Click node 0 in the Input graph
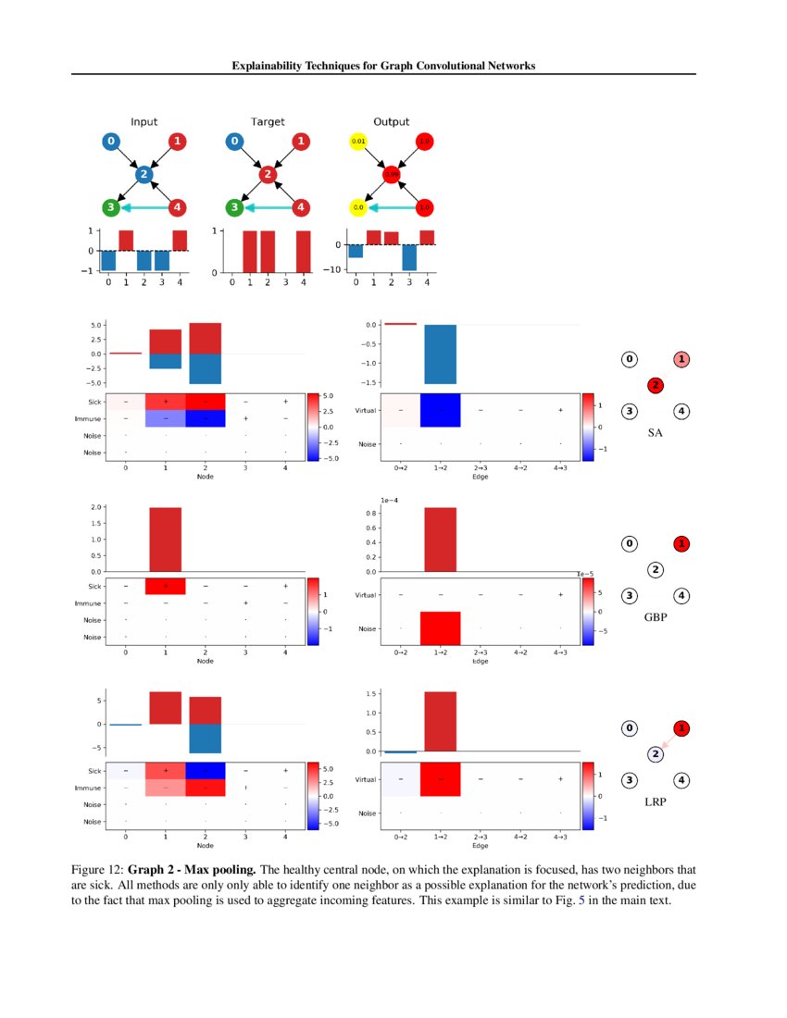coord(111,142)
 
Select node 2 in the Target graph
coord(268,174)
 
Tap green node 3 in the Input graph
coord(111,207)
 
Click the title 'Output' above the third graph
coord(391,121)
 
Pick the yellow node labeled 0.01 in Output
coord(358,142)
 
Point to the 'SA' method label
coord(656,432)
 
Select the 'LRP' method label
coord(656,801)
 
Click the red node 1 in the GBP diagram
coord(681,543)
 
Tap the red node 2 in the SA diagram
coord(656,384)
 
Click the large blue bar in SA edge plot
coord(440,354)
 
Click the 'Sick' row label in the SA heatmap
coord(94,402)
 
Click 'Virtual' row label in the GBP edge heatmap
coord(366,594)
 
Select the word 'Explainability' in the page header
coord(263,66)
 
